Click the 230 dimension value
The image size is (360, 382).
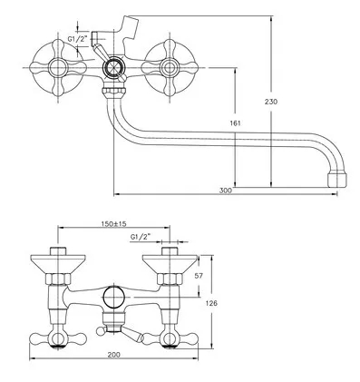point(271,102)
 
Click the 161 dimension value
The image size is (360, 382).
point(235,123)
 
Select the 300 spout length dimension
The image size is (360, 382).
point(226,191)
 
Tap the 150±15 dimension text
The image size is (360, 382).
point(113,224)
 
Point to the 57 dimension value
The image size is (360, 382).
point(199,276)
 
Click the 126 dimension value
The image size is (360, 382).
point(211,303)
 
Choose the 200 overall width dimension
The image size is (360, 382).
point(113,355)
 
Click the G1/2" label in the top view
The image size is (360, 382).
point(77,39)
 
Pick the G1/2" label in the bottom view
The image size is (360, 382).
point(141,238)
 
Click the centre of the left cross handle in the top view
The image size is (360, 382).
point(58,68)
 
